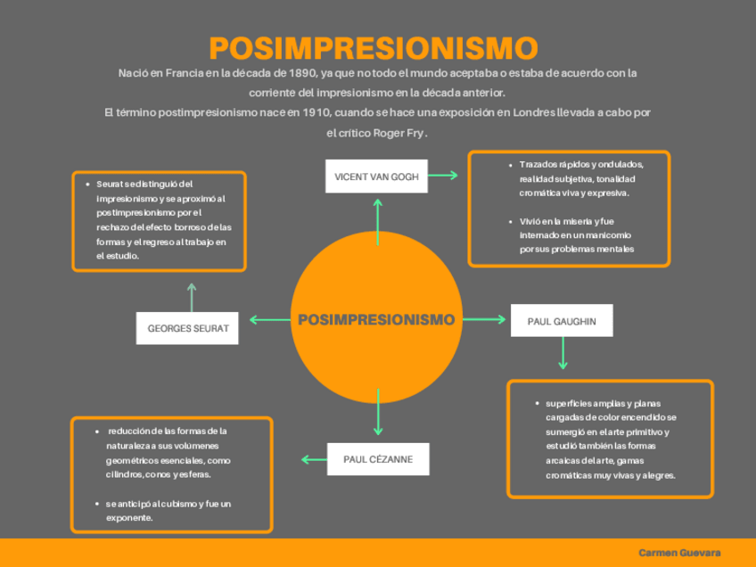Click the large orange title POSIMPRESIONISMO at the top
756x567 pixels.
pyautogui.click(x=374, y=48)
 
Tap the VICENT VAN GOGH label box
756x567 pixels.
pyautogui.click(x=376, y=176)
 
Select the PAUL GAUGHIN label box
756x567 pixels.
pyautogui.click(x=562, y=321)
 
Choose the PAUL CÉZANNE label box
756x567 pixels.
pyautogui.click(x=378, y=460)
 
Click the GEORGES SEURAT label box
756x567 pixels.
pyautogui.click(x=188, y=328)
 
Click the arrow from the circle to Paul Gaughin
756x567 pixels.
pyautogui.click(x=486, y=319)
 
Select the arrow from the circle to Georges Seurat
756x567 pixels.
pyautogui.click(x=269, y=319)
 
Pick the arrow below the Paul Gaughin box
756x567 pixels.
pyautogui.click(x=563, y=353)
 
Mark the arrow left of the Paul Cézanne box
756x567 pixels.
pyautogui.click(x=314, y=460)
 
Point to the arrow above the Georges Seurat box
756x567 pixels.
pyautogui.click(x=191, y=297)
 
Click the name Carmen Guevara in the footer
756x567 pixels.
pyautogui.click(x=679, y=553)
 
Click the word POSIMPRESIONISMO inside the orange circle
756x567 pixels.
pyautogui.click(x=376, y=319)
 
